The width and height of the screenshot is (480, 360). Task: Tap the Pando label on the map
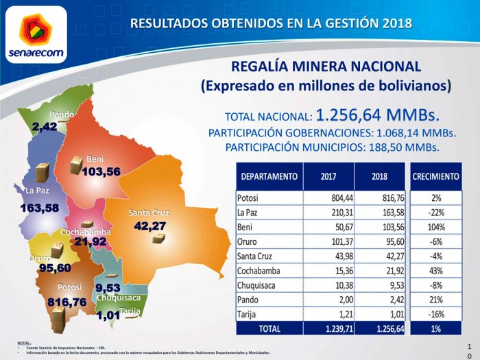coord(62,114)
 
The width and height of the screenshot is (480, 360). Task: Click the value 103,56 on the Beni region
coord(101,171)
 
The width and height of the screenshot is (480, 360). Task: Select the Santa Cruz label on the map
coord(149,213)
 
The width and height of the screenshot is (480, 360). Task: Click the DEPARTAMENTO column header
coord(269,177)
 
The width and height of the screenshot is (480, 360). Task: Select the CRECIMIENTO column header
coord(435,177)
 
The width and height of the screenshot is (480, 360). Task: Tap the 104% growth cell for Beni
coord(435,227)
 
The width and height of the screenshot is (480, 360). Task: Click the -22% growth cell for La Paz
coord(435,213)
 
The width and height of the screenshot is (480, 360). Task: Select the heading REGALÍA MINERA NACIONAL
coord(326,67)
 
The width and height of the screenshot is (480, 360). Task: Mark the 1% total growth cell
coord(435,328)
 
